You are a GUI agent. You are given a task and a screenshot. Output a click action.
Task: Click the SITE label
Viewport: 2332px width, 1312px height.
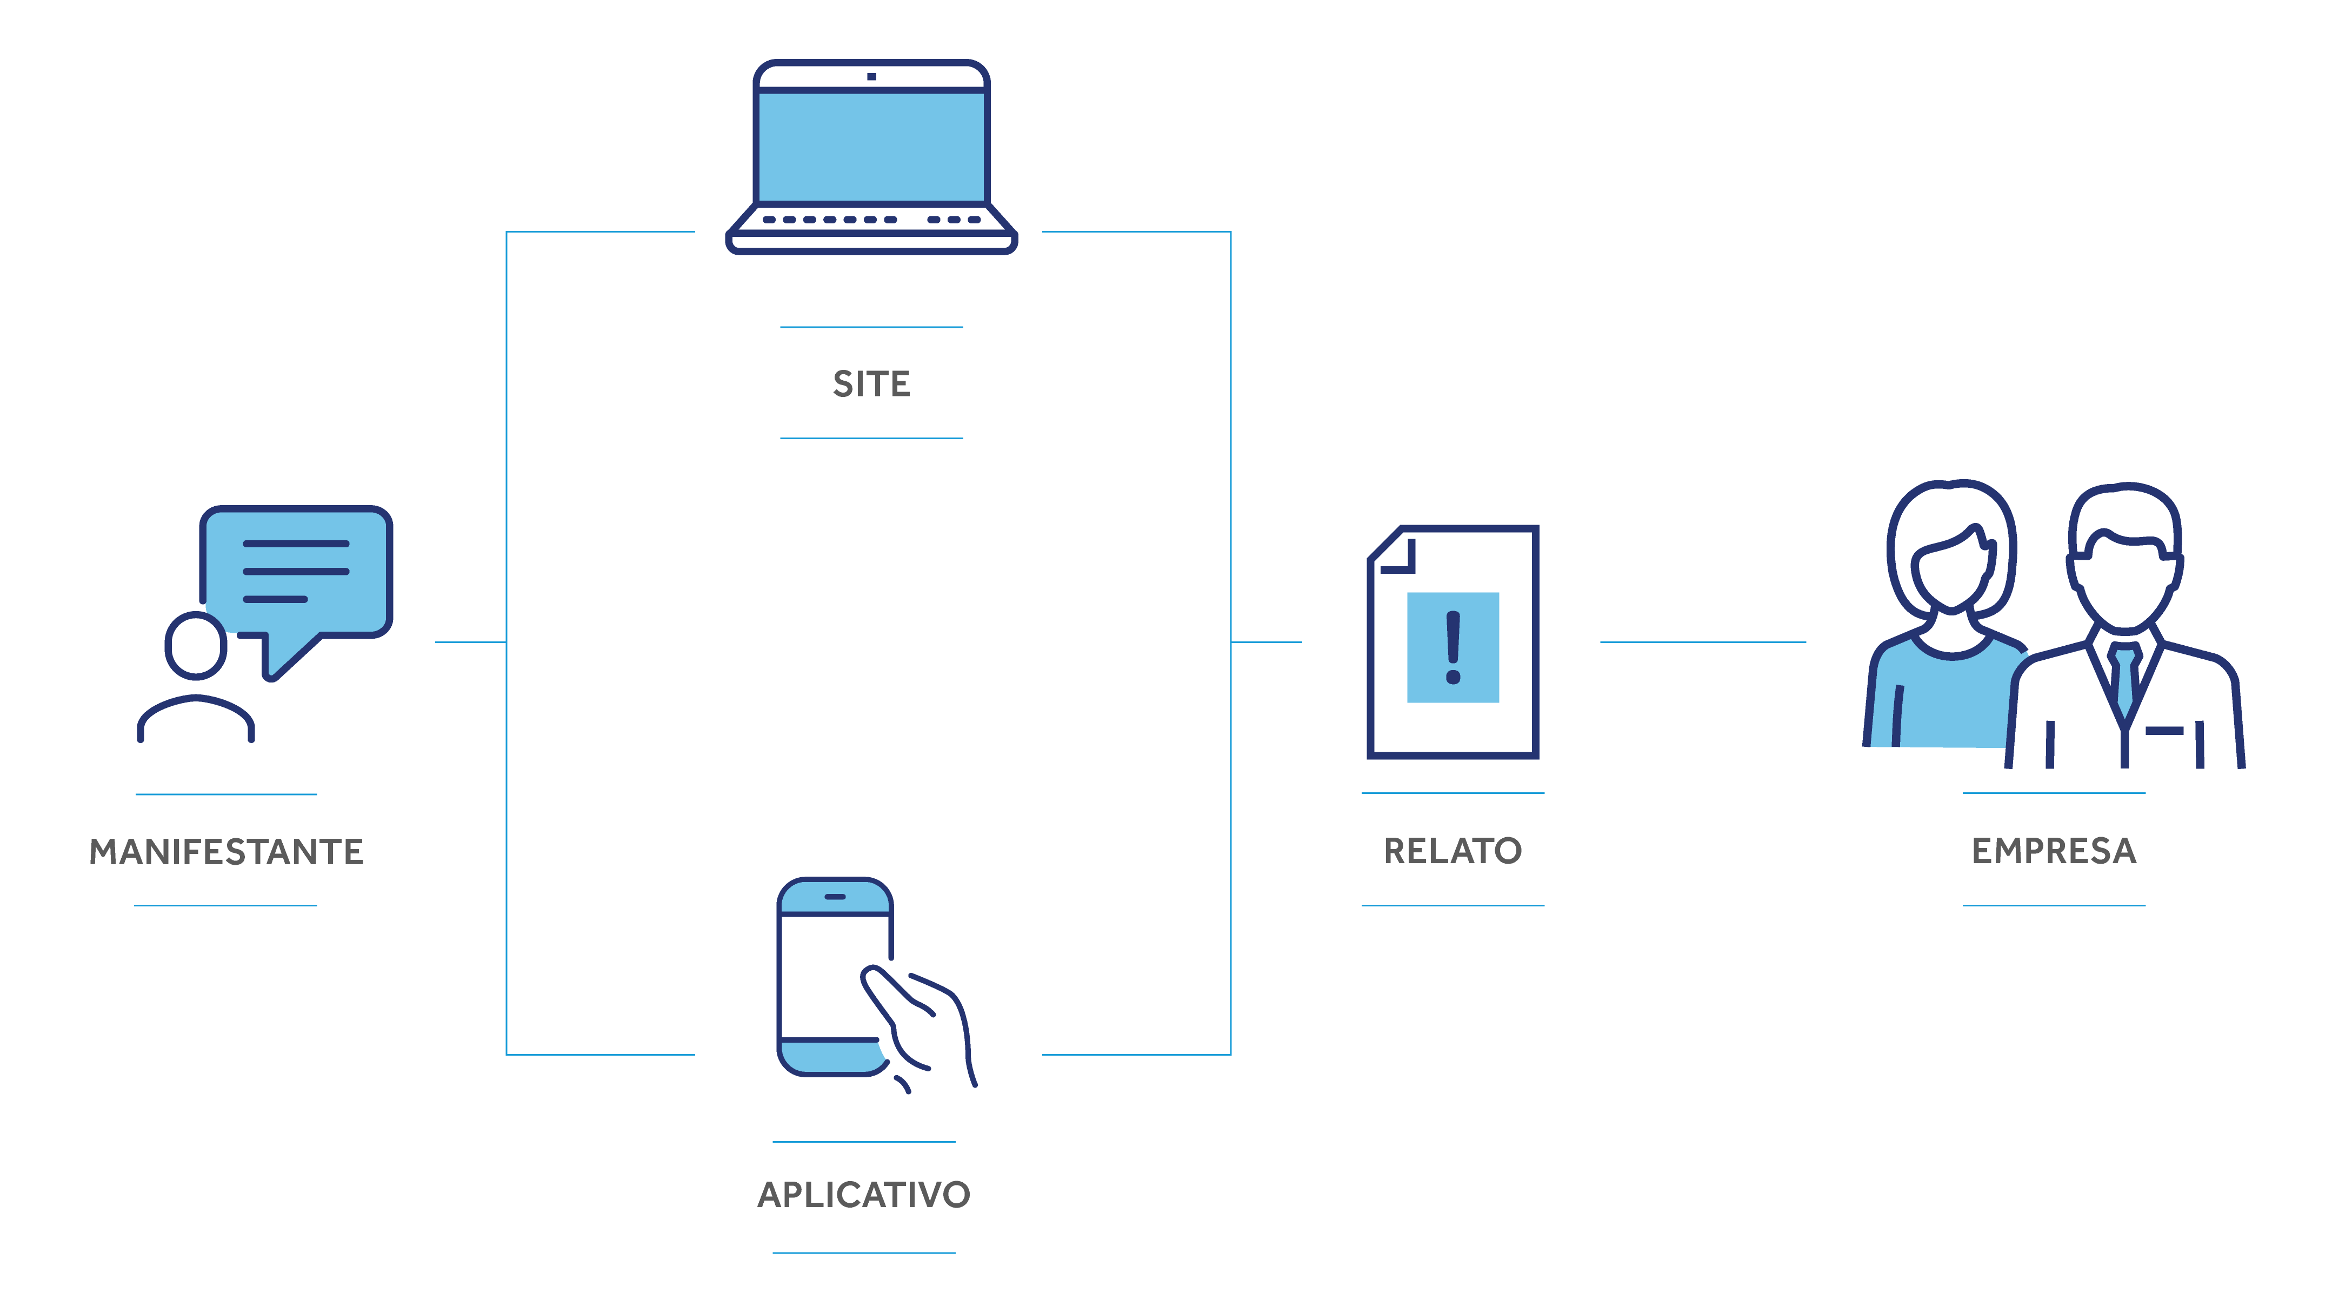click(x=871, y=384)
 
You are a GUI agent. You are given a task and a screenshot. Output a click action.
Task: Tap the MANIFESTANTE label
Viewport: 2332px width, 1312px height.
click(x=226, y=852)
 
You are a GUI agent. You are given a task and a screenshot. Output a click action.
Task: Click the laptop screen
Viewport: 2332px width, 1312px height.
click(x=871, y=147)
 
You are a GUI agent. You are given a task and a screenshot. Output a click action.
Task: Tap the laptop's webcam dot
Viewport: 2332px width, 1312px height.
click(x=871, y=77)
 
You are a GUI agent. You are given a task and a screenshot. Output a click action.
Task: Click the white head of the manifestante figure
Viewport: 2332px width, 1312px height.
click(x=196, y=645)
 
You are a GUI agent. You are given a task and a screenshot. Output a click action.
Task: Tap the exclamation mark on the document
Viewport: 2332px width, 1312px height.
click(x=1453, y=647)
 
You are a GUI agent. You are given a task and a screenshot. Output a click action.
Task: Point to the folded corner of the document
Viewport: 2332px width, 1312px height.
click(x=1394, y=552)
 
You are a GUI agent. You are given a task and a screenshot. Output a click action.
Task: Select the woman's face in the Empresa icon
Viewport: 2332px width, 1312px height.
click(x=1952, y=571)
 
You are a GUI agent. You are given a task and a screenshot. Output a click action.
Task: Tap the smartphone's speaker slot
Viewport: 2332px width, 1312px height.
click(x=835, y=897)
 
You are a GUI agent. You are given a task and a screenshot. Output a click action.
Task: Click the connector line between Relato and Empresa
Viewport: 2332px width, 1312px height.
click(x=1702, y=642)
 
